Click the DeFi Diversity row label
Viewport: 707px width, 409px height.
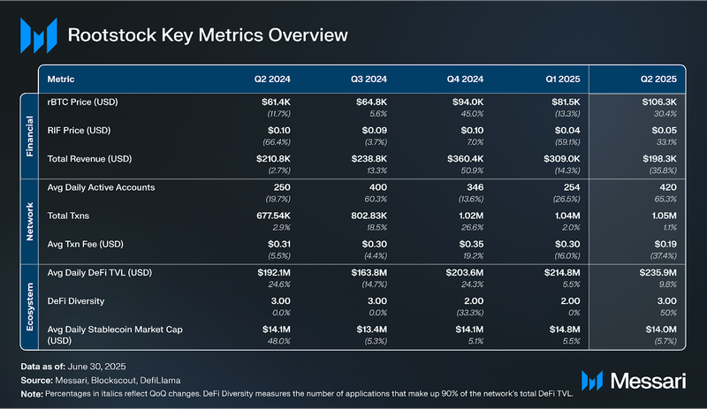point(77,301)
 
